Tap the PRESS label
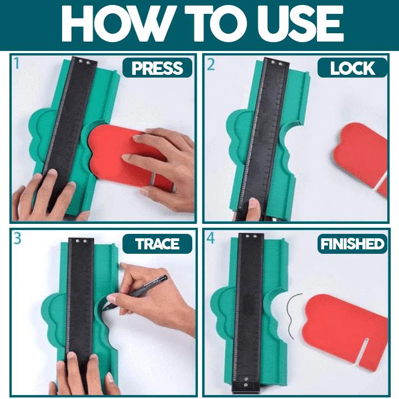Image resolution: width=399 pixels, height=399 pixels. pyautogui.click(x=157, y=68)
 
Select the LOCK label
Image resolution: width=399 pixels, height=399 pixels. pyautogui.click(x=352, y=68)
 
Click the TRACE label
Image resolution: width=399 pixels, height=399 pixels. pyautogui.click(x=157, y=244)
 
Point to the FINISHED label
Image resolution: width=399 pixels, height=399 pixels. pyautogui.click(x=352, y=244)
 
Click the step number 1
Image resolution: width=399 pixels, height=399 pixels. pyautogui.click(x=17, y=63)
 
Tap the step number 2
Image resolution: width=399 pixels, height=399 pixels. pyautogui.click(x=211, y=64)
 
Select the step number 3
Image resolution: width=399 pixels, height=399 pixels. pyautogui.click(x=17, y=238)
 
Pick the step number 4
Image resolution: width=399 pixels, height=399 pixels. pyautogui.click(x=211, y=238)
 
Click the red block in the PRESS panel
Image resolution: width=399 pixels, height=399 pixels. pyautogui.click(x=125, y=155)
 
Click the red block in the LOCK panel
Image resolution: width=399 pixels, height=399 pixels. pyautogui.click(x=361, y=158)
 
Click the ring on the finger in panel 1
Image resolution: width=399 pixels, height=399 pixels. pyautogui.click(x=152, y=179)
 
